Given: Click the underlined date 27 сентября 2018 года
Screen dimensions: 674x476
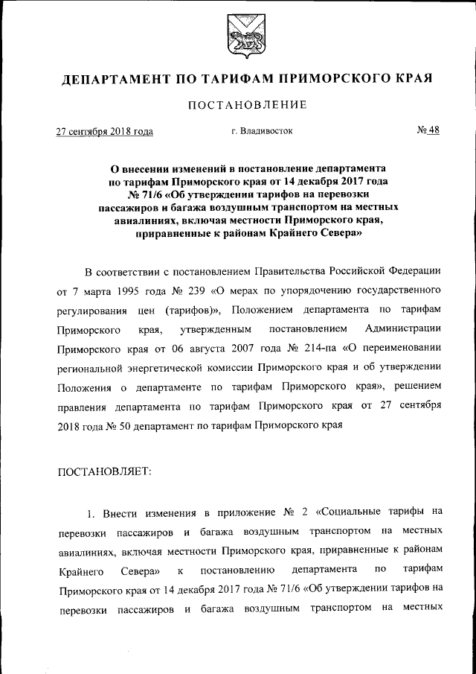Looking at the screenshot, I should [x=105, y=132].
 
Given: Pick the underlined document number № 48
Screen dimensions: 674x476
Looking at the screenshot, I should [x=428, y=130].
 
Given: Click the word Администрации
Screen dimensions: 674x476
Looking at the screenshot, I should [x=405, y=328].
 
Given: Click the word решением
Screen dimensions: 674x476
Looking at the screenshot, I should [x=419, y=387].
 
